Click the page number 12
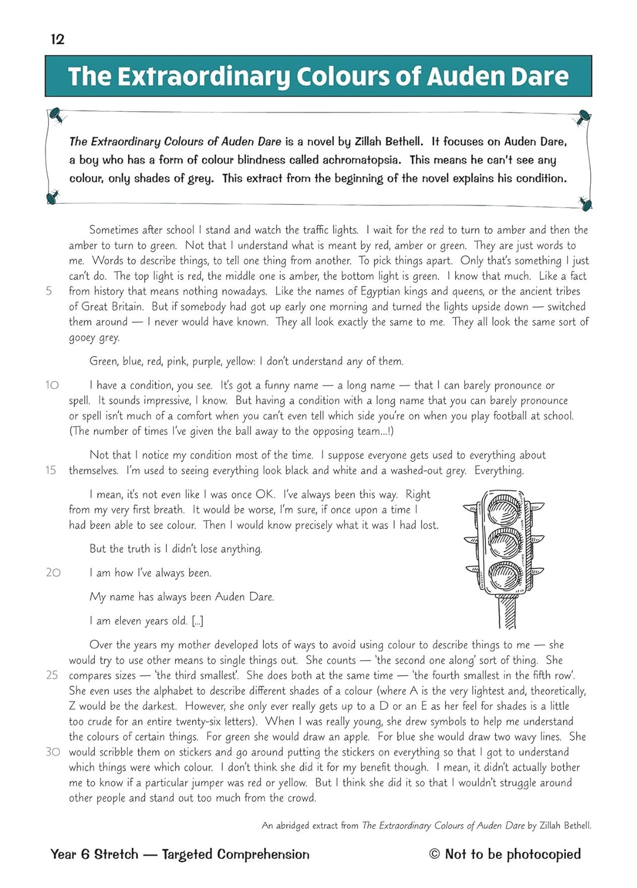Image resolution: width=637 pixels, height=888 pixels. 57,39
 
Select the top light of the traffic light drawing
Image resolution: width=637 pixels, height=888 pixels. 504,509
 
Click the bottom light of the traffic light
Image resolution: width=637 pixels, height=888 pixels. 504,574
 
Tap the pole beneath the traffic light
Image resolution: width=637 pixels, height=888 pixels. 507,612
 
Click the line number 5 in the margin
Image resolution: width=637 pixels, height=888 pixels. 49,291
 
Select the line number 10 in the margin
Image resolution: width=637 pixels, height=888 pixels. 52,385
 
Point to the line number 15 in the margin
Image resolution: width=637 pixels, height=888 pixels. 51,471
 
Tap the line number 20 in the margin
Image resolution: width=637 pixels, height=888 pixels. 53,572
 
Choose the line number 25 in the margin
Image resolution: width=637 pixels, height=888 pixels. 52,675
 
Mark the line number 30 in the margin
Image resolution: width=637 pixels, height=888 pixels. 53,752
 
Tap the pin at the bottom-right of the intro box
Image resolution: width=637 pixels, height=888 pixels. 585,203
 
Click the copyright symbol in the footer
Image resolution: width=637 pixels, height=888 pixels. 435,854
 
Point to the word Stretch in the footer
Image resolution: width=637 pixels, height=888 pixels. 116,854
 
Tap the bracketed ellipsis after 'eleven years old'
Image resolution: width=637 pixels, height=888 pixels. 197,621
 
